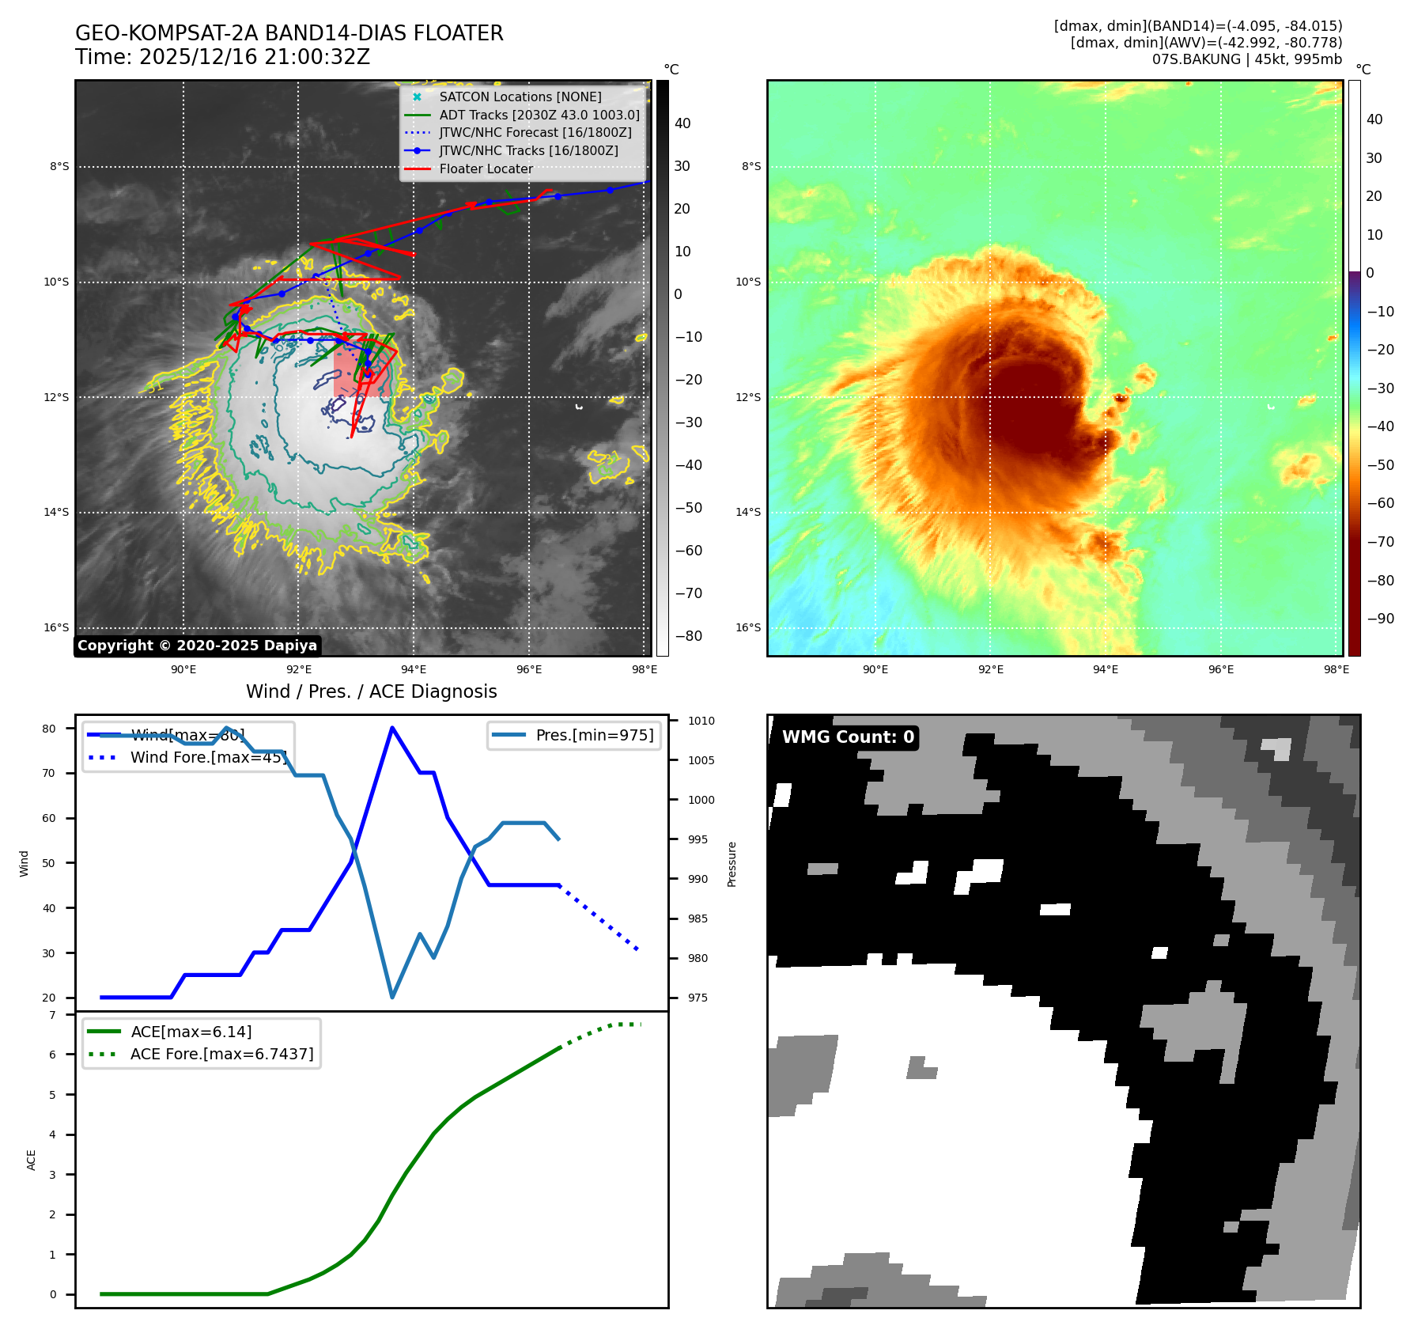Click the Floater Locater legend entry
click(x=486, y=169)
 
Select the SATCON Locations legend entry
click(x=520, y=97)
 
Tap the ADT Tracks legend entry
click(x=539, y=115)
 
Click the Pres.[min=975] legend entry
click(x=594, y=735)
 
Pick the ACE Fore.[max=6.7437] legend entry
click(x=221, y=1054)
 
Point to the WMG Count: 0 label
click(x=848, y=737)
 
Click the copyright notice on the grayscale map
click(x=197, y=646)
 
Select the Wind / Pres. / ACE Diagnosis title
click(x=371, y=691)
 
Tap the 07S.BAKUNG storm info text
click(x=1246, y=59)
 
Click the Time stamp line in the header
click(x=222, y=57)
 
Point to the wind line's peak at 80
click(x=392, y=728)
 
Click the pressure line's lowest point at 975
click(x=392, y=997)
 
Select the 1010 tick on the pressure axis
click(x=701, y=721)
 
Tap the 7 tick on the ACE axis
click(x=53, y=1015)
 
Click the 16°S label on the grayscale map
click(x=56, y=627)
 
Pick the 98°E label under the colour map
click(x=1336, y=669)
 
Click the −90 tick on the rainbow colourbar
click(x=1380, y=619)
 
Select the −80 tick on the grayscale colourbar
click(x=688, y=636)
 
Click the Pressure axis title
click(x=732, y=864)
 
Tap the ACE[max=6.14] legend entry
click(x=191, y=1032)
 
